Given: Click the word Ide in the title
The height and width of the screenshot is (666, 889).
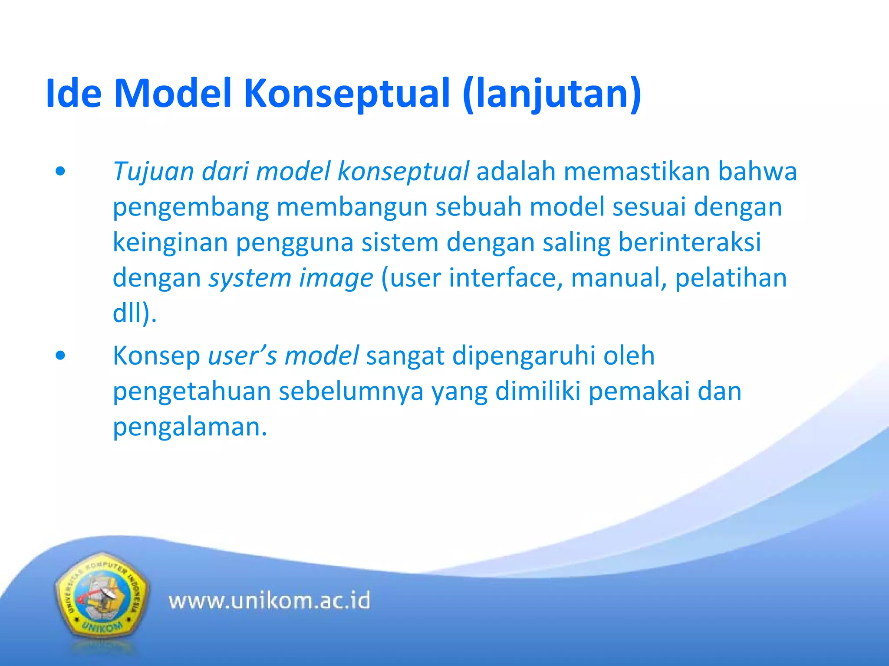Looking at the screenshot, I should coord(73,94).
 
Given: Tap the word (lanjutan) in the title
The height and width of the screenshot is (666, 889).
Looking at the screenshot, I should coord(552,94).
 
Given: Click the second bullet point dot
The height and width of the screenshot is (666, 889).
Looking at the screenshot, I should coord(60,356).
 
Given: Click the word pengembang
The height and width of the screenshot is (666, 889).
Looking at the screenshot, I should coord(191,207).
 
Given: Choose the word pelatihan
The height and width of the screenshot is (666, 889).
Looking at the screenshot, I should coord(731,278).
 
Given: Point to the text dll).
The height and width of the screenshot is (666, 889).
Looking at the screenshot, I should coord(135,313).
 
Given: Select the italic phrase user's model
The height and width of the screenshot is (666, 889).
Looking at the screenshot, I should coord(283,356).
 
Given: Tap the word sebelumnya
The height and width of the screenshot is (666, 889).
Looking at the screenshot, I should coord(351,391).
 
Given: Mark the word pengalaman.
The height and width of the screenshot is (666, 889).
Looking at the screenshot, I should coord(189,427).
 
